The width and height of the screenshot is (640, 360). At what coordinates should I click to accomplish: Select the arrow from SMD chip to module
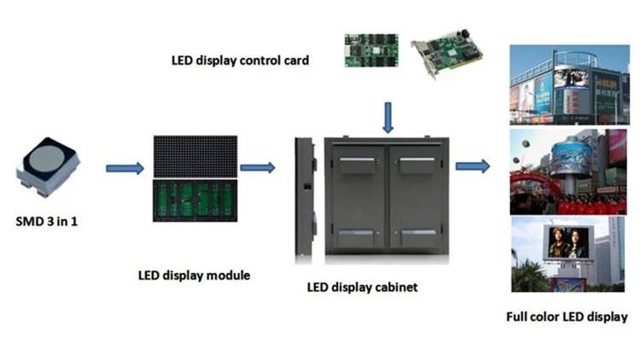(x=125, y=168)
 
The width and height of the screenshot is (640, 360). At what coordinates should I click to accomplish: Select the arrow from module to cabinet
(x=257, y=167)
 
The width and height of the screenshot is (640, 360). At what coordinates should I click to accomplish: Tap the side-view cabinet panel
(x=304, y=198)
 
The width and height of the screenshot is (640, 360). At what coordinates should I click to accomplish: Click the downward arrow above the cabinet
(x=387, y=117)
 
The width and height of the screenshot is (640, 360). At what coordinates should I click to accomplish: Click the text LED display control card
(x=240, y=61)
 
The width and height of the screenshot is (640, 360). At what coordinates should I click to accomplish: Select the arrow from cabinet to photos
(x=472, y=165)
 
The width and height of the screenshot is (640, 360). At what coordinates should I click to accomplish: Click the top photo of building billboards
(x=564, y=84)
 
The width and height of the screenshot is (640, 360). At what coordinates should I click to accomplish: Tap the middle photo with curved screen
(x=564, y=171)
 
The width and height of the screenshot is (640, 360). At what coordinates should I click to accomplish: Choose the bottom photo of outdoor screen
(x=564, y=254)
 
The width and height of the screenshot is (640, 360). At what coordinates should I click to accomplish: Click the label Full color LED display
(x=566, y=317)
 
